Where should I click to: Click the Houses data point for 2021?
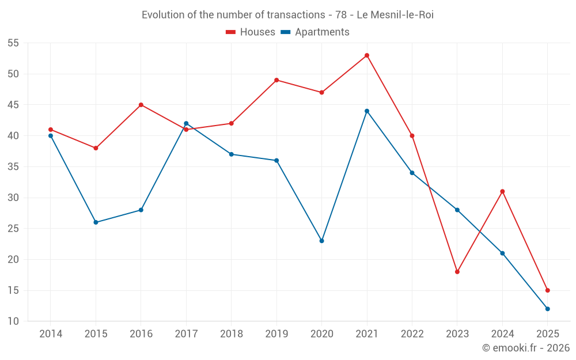pyautogui.click(x=367, y=55)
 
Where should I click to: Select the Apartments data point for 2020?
pyautogui.click(x=321, y=241)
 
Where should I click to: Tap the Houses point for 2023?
pyautogui.click(x=457, y=272)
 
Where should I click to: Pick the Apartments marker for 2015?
pyautogui.click(x=96, y=222)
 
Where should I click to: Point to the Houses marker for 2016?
pyautogui.click(x=141, y=105)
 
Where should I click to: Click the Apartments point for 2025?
pyautogui.click(x=548, y=309)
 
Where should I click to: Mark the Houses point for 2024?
pyautogui.click(x=502, y=191)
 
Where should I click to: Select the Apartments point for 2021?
pyautogui.click(x=367, y=111)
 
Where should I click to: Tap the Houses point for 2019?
pyautogui.click(x=276, y=80)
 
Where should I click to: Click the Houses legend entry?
pyautogui.click(x=251, y=32)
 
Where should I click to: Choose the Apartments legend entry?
pyautogui.click(x=315, y=32)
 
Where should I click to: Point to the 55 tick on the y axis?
pyautogui.click(x=13, y=43)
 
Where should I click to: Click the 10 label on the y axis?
pyautogui.click(x=13, y=321)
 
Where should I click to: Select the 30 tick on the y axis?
pyautogui.click(x=13, y=198)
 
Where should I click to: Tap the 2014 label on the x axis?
pyautogui.click(x=51, y=334)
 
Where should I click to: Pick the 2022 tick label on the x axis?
pyautogui.click(x=412, y=334)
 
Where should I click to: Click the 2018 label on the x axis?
pyautogui.click(x=232, y=334)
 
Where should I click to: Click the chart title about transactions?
pyautogui.click(x=287, y=15)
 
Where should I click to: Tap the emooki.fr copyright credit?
pyautogui.click(x=526, y=348)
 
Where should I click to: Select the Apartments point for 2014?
pyautogui.click(x=51, y=136)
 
